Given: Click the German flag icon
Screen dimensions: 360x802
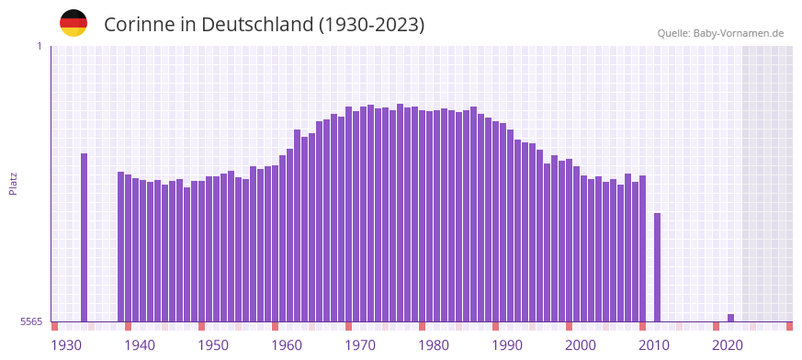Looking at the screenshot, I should [x=73, y=23].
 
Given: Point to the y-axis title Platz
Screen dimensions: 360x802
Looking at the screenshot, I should [x=13, y=183].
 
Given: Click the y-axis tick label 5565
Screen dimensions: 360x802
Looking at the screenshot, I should [x=31, y=322].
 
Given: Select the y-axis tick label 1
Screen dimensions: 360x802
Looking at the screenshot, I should [x=39, y=46].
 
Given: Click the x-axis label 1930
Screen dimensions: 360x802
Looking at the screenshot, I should [x=66, y=345].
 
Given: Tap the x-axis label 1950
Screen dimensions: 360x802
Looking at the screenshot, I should [x=213, y=345].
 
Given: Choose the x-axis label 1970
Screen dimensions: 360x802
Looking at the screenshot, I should [x=360, y=345].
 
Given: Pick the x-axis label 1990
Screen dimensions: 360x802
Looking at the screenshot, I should [x=507, y=345].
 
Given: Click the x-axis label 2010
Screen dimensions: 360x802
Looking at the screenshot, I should [x=654, y=345].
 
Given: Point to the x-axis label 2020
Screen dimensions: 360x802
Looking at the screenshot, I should [x=728, y=345].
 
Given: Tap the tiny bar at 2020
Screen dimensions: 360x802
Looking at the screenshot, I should [x=731, y=318].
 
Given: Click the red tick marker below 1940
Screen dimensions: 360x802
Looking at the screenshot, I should [x=129, y=326].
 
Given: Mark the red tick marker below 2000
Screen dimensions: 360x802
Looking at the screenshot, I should [x=570, y=326].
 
